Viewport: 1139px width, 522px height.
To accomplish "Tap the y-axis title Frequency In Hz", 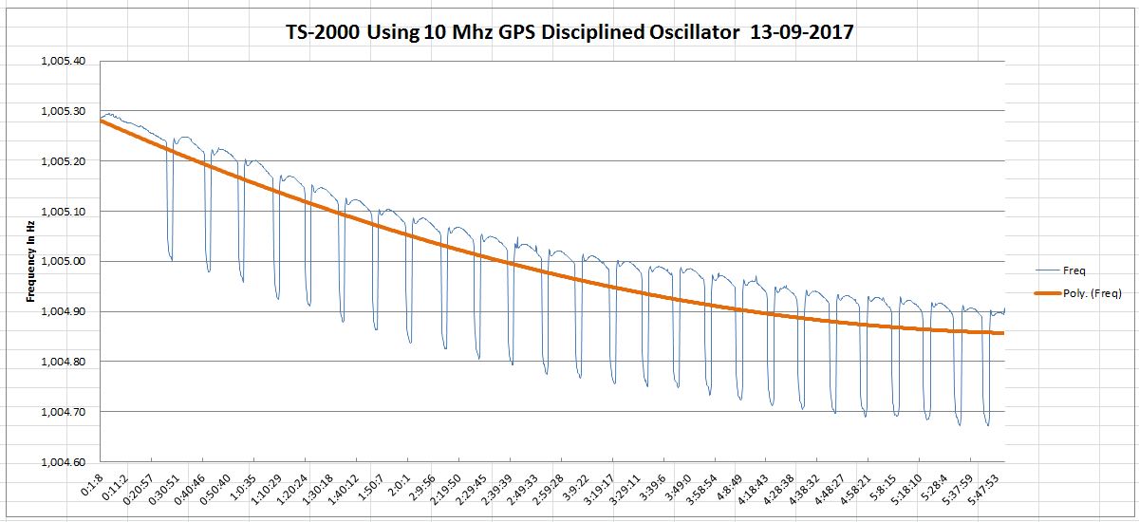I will click(x=31, y=261).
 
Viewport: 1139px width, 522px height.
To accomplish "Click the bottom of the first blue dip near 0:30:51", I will click(x=171, y=259).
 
